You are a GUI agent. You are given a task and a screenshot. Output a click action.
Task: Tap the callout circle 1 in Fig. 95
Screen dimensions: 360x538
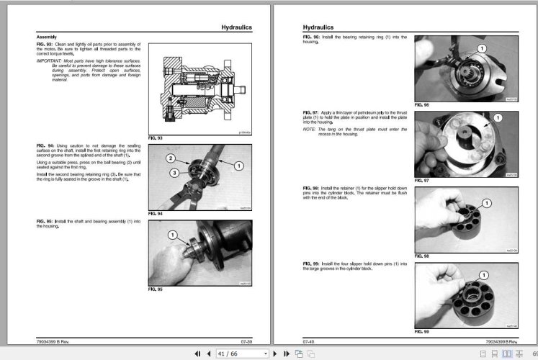173,235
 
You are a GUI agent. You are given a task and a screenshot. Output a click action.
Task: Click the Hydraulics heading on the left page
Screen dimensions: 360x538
236,27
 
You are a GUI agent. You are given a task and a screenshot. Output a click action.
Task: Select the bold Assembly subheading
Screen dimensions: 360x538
46,37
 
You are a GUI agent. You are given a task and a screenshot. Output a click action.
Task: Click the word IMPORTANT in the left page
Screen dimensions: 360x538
50,60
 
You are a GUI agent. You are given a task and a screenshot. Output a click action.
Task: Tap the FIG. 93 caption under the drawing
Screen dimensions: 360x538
155,137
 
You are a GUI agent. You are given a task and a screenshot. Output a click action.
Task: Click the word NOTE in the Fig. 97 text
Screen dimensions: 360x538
310,128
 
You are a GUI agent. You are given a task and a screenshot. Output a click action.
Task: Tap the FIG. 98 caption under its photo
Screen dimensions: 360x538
421,256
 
